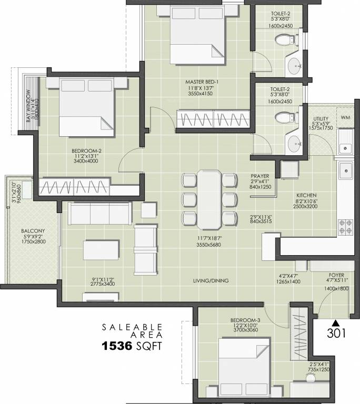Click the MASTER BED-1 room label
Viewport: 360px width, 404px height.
(x=202, y=82)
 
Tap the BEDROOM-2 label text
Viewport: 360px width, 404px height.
(x=86, y=151)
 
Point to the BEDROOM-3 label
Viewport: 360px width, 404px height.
(x=242, y=320)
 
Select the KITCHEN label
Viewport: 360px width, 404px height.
(x=305, y=194)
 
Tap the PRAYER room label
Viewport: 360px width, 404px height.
(x=259, y=176)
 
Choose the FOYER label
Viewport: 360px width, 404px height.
(x=336, y=275)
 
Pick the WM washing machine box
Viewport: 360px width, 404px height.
(x=346, y=117)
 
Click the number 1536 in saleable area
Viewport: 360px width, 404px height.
(x=122, y=346)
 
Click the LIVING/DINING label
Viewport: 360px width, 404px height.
(x=211, y=280)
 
